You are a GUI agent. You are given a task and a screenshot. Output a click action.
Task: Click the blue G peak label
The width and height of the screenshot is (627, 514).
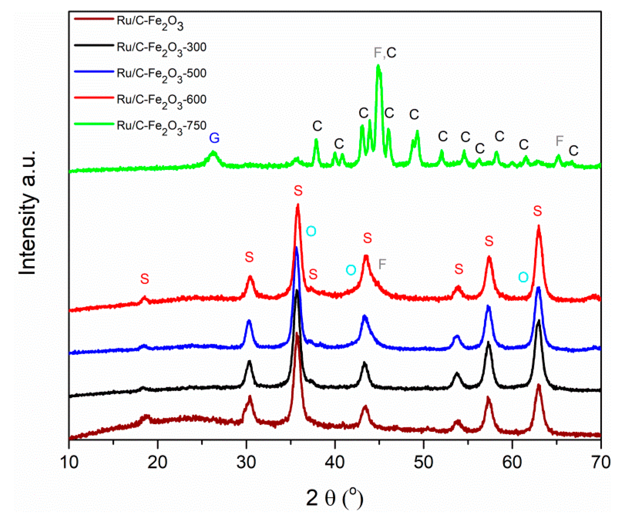click(214, 138)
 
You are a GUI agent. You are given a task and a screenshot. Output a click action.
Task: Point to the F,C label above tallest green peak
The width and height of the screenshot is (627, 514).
click(385, 53)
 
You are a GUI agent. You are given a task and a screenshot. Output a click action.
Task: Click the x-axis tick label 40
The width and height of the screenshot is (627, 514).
click(335, 462)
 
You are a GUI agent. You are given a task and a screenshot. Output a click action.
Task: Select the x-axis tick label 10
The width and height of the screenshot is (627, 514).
click(69, 462)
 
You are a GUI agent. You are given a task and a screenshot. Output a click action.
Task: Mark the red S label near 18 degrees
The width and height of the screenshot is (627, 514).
click(144, 279)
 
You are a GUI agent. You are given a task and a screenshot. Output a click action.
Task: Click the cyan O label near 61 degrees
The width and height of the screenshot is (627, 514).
click(523, 277)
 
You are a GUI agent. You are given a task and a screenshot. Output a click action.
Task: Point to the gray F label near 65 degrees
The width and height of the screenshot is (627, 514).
click(559, 141)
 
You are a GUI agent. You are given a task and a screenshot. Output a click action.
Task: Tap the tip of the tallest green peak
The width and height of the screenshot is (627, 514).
click(378, 65)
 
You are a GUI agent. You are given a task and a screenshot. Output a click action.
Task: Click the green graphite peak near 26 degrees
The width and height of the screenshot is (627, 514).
click(213, 153)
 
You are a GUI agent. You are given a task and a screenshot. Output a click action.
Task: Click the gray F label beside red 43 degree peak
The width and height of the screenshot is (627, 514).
click(382, 264)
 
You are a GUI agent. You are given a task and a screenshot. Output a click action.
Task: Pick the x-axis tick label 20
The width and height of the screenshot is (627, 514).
click(158, 462)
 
